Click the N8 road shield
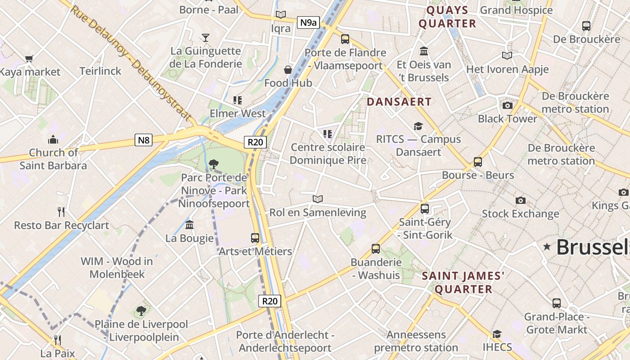click(144, 140)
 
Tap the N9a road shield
click(308, 22)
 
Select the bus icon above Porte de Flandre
click(345, 39)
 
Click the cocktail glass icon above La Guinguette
click(206, 37)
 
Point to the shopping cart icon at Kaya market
click(29, 58)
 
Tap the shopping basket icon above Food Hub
click(288, 70)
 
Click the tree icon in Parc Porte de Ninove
click(214, 164)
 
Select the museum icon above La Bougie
click(189, 225)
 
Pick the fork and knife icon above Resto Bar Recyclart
click(62, 211)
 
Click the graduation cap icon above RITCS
click(418, 126)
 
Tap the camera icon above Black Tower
click(508, 105)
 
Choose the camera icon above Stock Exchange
click(521, 200)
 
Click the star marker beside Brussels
click(547, 247)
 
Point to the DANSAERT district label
click(399, 102)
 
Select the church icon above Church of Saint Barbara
click(53, 139)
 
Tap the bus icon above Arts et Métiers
click(255, 238)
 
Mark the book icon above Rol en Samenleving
click(318, 199)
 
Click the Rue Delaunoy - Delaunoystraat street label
click(130, 63)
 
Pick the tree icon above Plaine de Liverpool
click(141, 310)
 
